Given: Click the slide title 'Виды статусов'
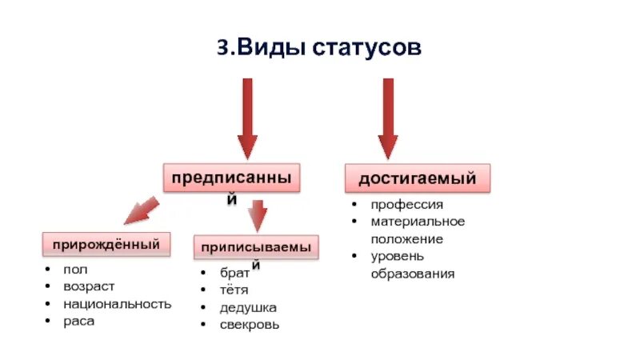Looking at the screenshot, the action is [x=318, y=49].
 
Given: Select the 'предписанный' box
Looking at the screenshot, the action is [x=232, y=178].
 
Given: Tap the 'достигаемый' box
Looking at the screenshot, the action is [x=417, y=178].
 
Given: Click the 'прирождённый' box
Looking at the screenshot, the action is [x=106, y=243].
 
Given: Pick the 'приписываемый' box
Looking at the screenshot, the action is [x=255, y=247].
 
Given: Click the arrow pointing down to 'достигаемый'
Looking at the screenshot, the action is [x=388, y=118].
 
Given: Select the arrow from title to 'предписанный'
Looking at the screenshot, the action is [x=247, y=118].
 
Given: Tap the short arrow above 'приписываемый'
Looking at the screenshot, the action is [x=257, y=214].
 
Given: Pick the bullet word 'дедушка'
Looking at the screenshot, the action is [x=248, y=307].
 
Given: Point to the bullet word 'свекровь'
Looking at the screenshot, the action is [x=250, y=325].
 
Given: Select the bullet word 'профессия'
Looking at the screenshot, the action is [x=406, y=204].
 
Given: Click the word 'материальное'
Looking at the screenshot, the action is [x=417, y=222].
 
